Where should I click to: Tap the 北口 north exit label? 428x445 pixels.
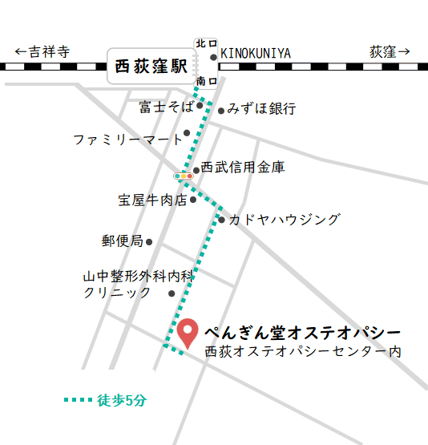(205, 42)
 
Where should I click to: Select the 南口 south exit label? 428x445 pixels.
(205, 81)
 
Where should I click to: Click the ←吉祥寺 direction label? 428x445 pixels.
(42, 52)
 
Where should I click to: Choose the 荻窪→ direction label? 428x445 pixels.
(390, 52)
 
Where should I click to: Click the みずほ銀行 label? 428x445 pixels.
(262, 108)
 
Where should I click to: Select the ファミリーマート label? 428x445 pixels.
(128, 140)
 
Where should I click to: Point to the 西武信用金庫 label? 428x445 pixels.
(243, 168)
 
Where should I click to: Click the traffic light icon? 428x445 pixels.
(184, 175)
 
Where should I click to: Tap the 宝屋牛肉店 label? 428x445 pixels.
(152, 200)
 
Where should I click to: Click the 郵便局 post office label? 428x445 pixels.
(122, 241)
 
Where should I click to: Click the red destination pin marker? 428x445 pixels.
(188, 332)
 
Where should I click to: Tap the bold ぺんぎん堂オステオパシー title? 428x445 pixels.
(302, 331)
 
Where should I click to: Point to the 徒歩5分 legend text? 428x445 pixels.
(123, 399)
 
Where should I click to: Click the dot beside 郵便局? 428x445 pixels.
(149, 241)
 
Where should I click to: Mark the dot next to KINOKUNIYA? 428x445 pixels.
(213, 57)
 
